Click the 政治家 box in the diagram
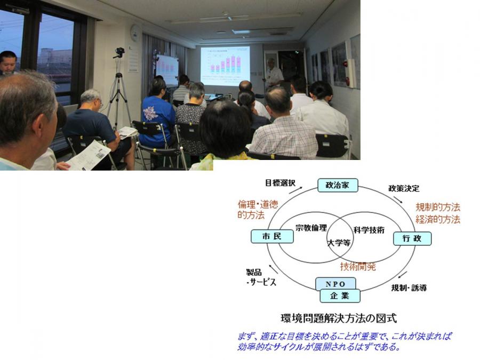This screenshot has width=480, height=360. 338,185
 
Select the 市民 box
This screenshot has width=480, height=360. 272,236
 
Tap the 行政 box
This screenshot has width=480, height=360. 412,238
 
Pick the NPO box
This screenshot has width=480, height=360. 335,284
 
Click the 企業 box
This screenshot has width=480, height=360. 340,295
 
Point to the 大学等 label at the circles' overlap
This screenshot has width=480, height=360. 339,243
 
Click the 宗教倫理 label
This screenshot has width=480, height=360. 311,228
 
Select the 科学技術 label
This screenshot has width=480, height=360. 369,230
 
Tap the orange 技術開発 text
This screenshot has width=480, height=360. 358,267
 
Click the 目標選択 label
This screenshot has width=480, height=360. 280,183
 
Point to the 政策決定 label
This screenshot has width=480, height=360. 404,188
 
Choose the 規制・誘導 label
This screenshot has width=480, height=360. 409,288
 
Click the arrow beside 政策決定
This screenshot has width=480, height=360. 398,199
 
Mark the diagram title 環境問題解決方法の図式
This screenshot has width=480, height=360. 339,318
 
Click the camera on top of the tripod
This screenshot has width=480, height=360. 119,52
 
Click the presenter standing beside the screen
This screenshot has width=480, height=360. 274,74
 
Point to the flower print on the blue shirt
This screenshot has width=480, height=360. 150,113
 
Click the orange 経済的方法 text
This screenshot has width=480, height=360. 438,219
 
